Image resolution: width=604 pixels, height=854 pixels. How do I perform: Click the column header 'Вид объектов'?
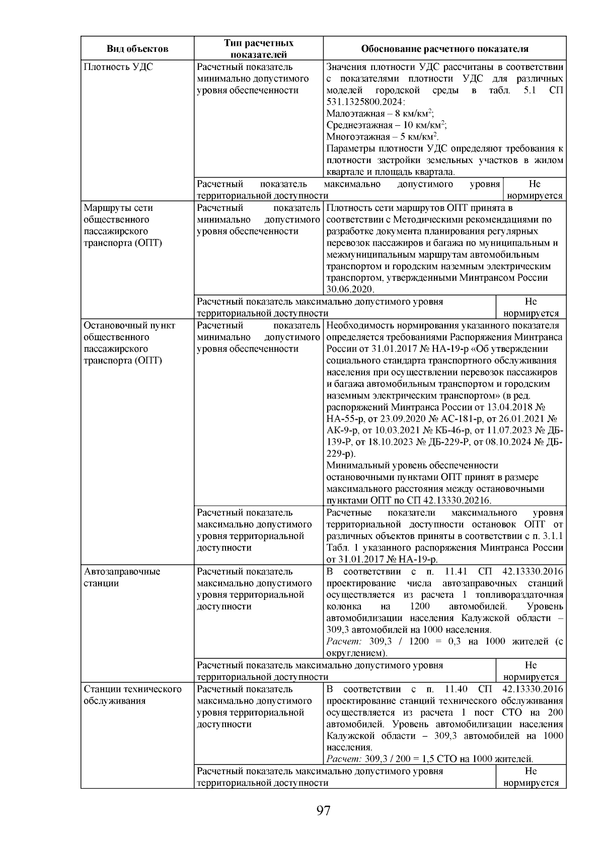(x=137, y=49)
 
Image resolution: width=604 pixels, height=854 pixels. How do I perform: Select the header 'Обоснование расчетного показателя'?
(x=444, y=49)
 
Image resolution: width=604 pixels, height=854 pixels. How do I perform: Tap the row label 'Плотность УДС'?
(x=118, y=67)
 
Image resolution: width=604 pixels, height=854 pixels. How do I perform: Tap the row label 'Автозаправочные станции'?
(x=122, y=577)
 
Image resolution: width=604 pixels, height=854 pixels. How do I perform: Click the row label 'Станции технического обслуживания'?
(x=132, y=695)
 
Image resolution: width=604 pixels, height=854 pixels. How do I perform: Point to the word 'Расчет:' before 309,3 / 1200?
(x=344, y=642)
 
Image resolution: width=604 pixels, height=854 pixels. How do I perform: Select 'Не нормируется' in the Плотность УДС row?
(x=534, y=190)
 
